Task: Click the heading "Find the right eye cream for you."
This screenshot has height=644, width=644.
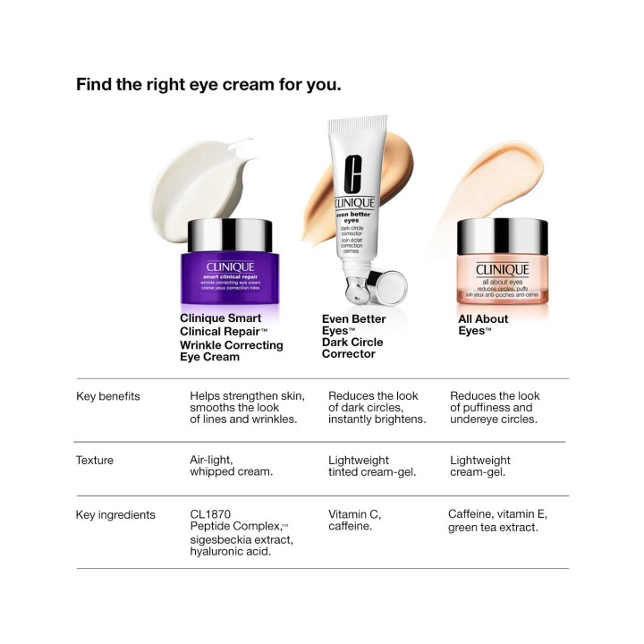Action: point(208,85)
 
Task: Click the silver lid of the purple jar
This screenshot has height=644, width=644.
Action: point(231,235)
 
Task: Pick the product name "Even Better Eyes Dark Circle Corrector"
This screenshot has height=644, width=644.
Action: point(353,336)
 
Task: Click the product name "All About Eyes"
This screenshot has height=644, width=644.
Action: point(482,325)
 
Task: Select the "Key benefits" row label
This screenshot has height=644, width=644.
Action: point(108,396)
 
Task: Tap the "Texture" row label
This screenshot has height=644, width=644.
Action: point(95,461)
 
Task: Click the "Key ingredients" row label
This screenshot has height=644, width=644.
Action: point(115,515)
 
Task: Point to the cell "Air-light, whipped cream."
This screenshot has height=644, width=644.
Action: point(231,466)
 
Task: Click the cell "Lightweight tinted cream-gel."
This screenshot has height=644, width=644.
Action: point(372,466)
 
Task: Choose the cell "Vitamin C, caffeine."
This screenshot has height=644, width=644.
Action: point(354,521)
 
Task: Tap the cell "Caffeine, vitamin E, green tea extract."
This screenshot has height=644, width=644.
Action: point(497,521)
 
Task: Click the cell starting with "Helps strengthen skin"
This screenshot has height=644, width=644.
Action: point(247,407)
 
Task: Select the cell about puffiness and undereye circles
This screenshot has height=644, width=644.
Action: point(495,407)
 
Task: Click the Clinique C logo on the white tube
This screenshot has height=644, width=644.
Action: point(352,173)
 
